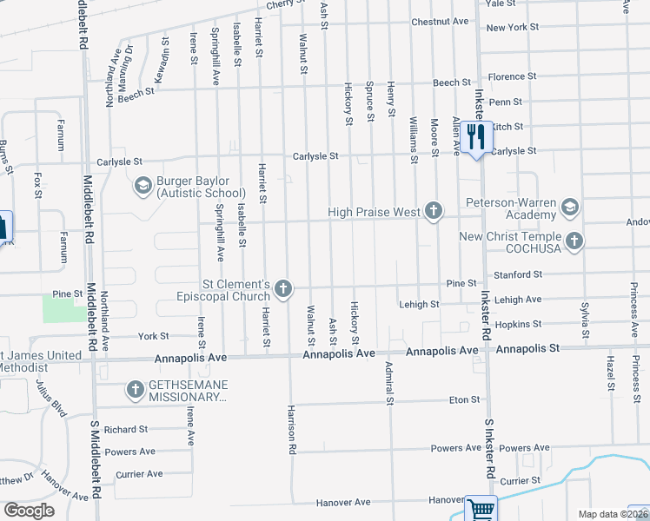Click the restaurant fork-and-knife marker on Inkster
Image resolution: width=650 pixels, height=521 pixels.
click(476, 137)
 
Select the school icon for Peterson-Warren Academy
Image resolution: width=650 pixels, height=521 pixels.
click(569, 207)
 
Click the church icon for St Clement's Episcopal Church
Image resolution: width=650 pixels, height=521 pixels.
click(282, 288)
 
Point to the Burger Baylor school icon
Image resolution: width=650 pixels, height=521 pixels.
click(142, 185)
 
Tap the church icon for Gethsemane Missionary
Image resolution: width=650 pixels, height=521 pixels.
click(136, 390)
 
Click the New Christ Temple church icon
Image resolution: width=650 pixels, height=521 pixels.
click(573, 241)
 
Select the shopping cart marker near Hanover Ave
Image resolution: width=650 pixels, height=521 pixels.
click(480, 509)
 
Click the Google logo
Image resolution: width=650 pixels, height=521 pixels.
click(29, 510)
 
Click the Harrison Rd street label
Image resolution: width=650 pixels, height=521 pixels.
click(293, 430)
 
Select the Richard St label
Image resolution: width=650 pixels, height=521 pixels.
click(126, 429)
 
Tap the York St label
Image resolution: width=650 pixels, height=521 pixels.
click(152, 336)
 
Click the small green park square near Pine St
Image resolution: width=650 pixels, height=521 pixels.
click(59, 307)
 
